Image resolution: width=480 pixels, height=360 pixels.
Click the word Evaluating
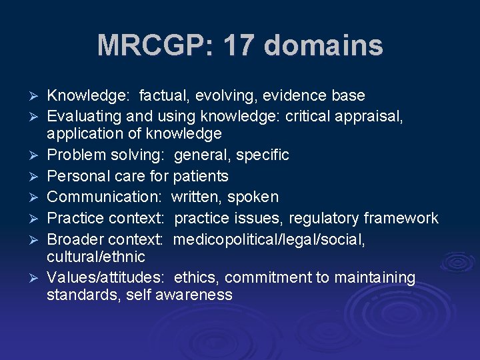coord(82,116)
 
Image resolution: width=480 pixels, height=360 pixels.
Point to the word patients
coord(200,176)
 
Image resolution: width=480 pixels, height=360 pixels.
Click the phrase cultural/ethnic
coord(95,257)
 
